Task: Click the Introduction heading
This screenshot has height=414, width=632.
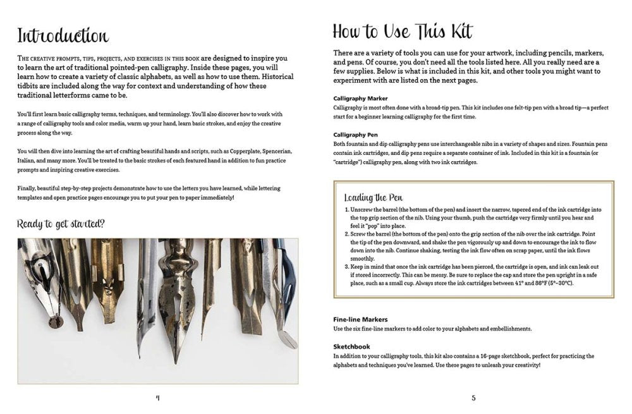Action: (x=63, y=35)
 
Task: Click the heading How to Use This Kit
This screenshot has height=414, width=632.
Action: (x=402, y=32)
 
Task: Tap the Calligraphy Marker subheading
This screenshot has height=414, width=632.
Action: (x=360, y=99)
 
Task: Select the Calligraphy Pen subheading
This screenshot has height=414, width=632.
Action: (x=355, y=135)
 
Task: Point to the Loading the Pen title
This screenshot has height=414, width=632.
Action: (x=374, y=198)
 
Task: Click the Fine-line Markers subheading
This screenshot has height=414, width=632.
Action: (x=360, y=319)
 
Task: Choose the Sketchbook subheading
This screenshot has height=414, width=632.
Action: (x=351, y=346)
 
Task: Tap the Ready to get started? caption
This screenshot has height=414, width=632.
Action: (x=61, y=224)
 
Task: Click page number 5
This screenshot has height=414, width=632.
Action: (x=473, y=398)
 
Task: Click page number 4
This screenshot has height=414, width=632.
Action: (x=157, y=398)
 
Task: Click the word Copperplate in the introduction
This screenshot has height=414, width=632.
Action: (x=245, y=152)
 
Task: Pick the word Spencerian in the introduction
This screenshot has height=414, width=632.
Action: (x=277, y=152)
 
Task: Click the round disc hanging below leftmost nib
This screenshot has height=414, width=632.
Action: (x=55, y=322)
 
